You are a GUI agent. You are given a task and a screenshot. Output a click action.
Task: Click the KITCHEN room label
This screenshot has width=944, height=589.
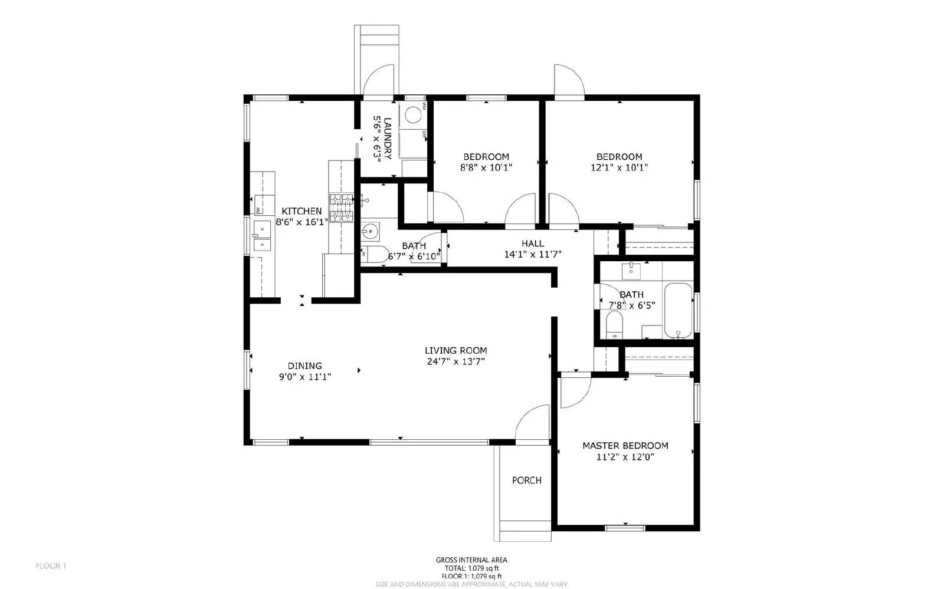click(301, 211)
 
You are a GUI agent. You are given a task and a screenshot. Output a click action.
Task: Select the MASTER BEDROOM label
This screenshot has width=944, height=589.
click(625, 446)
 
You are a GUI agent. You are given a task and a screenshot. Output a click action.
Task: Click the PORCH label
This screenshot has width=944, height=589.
click(526, 481)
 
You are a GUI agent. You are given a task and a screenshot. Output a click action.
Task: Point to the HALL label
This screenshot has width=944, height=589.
click(532, 244)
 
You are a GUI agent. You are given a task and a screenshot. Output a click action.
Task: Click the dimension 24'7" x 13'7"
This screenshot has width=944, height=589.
click(455, 361)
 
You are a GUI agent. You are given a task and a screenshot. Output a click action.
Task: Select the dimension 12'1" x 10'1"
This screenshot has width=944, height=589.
click(619, 167)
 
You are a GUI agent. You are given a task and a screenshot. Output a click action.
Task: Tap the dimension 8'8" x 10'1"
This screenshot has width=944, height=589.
click(486, 167)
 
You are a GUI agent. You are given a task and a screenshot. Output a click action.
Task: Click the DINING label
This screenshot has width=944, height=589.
click(304, 366)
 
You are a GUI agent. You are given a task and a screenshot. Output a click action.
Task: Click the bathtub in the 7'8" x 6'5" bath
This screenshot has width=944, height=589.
click(678, 311)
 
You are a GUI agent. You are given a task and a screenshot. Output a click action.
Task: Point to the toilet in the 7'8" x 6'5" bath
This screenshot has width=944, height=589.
click(614, 324)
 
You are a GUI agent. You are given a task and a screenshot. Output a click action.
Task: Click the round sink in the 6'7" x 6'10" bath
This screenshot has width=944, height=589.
click(371, 231)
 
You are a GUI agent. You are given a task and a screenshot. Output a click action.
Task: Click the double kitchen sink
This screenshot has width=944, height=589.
click(261, 236)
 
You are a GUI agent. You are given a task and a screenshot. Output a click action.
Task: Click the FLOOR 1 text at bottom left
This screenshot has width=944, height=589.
click(51, 566)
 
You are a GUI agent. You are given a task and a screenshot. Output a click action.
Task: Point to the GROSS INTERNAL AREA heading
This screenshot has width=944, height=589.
click(471, 560)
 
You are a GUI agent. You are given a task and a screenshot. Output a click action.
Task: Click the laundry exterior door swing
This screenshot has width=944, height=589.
click(378, 80)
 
